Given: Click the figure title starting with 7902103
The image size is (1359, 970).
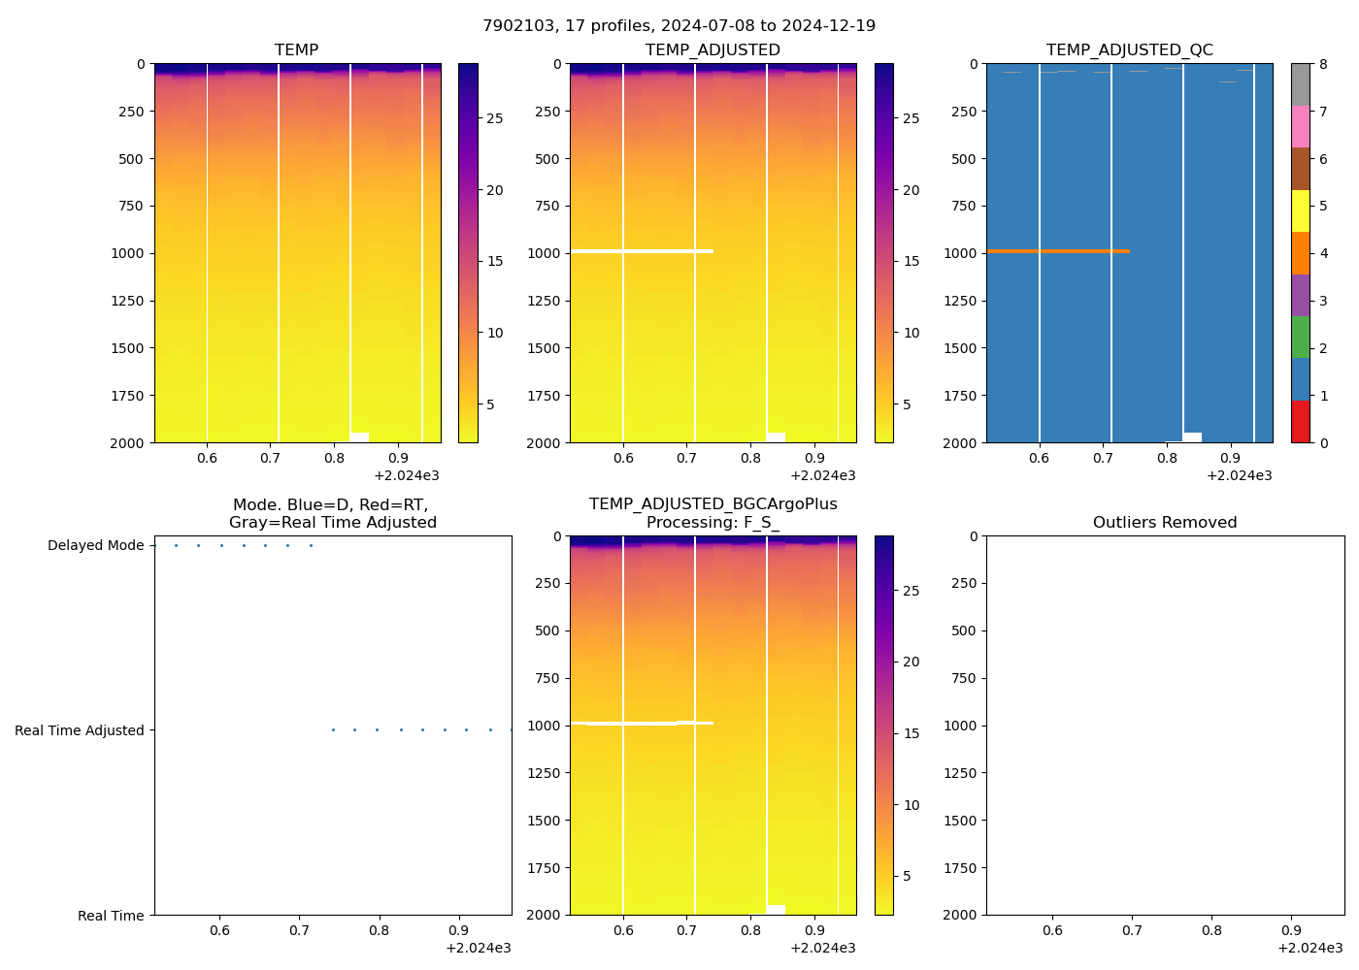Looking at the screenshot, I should (x=679, y=26).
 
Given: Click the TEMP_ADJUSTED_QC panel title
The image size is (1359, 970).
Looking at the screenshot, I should (x=1129, y=49).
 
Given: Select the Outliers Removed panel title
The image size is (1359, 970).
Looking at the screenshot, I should (x=1164, y=522).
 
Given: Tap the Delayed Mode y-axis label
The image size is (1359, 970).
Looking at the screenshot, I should (x=95, y=545).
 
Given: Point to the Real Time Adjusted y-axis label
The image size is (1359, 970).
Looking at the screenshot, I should (x=79, y=730).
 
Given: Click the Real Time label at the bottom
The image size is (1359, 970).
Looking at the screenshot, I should (x=111, y=916).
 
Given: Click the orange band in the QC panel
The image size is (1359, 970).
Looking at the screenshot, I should (x=1058, y=251).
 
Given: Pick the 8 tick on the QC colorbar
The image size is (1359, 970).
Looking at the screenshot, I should (x=1323, y=64).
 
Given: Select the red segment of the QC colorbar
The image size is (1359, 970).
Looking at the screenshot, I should (x=1300, y=422).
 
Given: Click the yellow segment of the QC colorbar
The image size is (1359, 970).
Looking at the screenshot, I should (x=1300, y=210).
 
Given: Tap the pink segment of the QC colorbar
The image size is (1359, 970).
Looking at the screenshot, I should (x=1300, y=126).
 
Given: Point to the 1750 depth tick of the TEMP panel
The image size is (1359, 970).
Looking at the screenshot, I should (x=126, y=396).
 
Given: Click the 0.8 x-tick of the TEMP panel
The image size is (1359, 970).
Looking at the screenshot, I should (x=335, y=458).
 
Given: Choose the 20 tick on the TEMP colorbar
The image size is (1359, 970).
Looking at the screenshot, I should (x=495, y=190).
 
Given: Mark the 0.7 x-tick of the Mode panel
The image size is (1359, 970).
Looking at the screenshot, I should (x=299, y=930).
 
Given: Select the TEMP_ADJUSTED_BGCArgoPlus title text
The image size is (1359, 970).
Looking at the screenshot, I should (x=713, y=503).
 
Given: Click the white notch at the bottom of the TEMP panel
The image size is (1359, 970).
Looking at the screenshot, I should (x=359, y=436).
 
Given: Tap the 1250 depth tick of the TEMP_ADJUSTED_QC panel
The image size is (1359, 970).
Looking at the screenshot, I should (x=959, y=301).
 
